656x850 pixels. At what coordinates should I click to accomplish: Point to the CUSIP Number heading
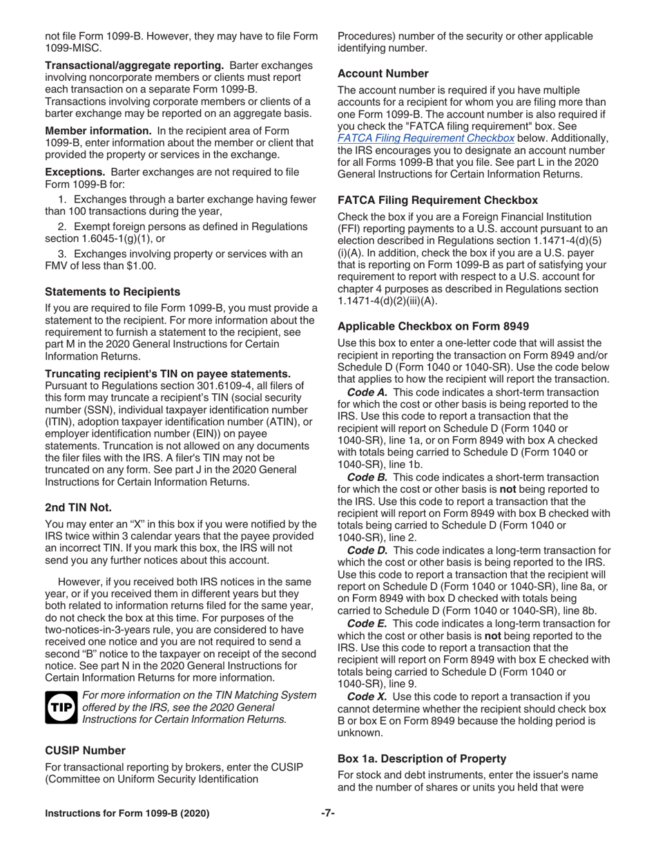click(85, 750)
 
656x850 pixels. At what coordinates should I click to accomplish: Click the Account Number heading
click(383, 73)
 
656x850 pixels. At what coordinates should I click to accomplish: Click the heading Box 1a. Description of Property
click(421, 758)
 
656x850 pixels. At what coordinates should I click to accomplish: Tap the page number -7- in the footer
click(327, 813)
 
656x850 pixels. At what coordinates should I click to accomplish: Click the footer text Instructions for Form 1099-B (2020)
click(127, 813)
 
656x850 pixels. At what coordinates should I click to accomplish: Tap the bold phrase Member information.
click(98, 131)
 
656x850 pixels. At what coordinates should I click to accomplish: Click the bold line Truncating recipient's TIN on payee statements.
click(168, 373)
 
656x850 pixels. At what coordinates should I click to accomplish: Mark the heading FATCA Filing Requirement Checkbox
click(437, 200)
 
